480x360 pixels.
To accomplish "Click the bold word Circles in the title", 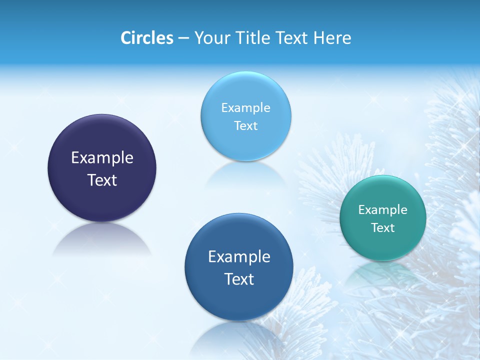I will coord(146,38).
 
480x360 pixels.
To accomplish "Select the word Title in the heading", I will coord(254,38).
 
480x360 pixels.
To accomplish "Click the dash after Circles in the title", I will coord(183,38).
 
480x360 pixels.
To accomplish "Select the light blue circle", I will coord(246,90).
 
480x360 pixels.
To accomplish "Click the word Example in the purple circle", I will coord(102,158).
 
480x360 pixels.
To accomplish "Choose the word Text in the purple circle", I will coord(102,180).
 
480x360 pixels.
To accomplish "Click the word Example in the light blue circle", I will coord(246,108).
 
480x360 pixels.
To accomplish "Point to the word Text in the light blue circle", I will coord(246,126).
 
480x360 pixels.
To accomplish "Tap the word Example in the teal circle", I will coord(383,210).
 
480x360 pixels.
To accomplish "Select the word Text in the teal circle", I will coord(383,228).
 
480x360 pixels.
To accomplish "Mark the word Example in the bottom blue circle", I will coord(239,257).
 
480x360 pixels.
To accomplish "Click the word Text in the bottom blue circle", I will coord(239,279).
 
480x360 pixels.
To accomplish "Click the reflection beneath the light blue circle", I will coord(246,175).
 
